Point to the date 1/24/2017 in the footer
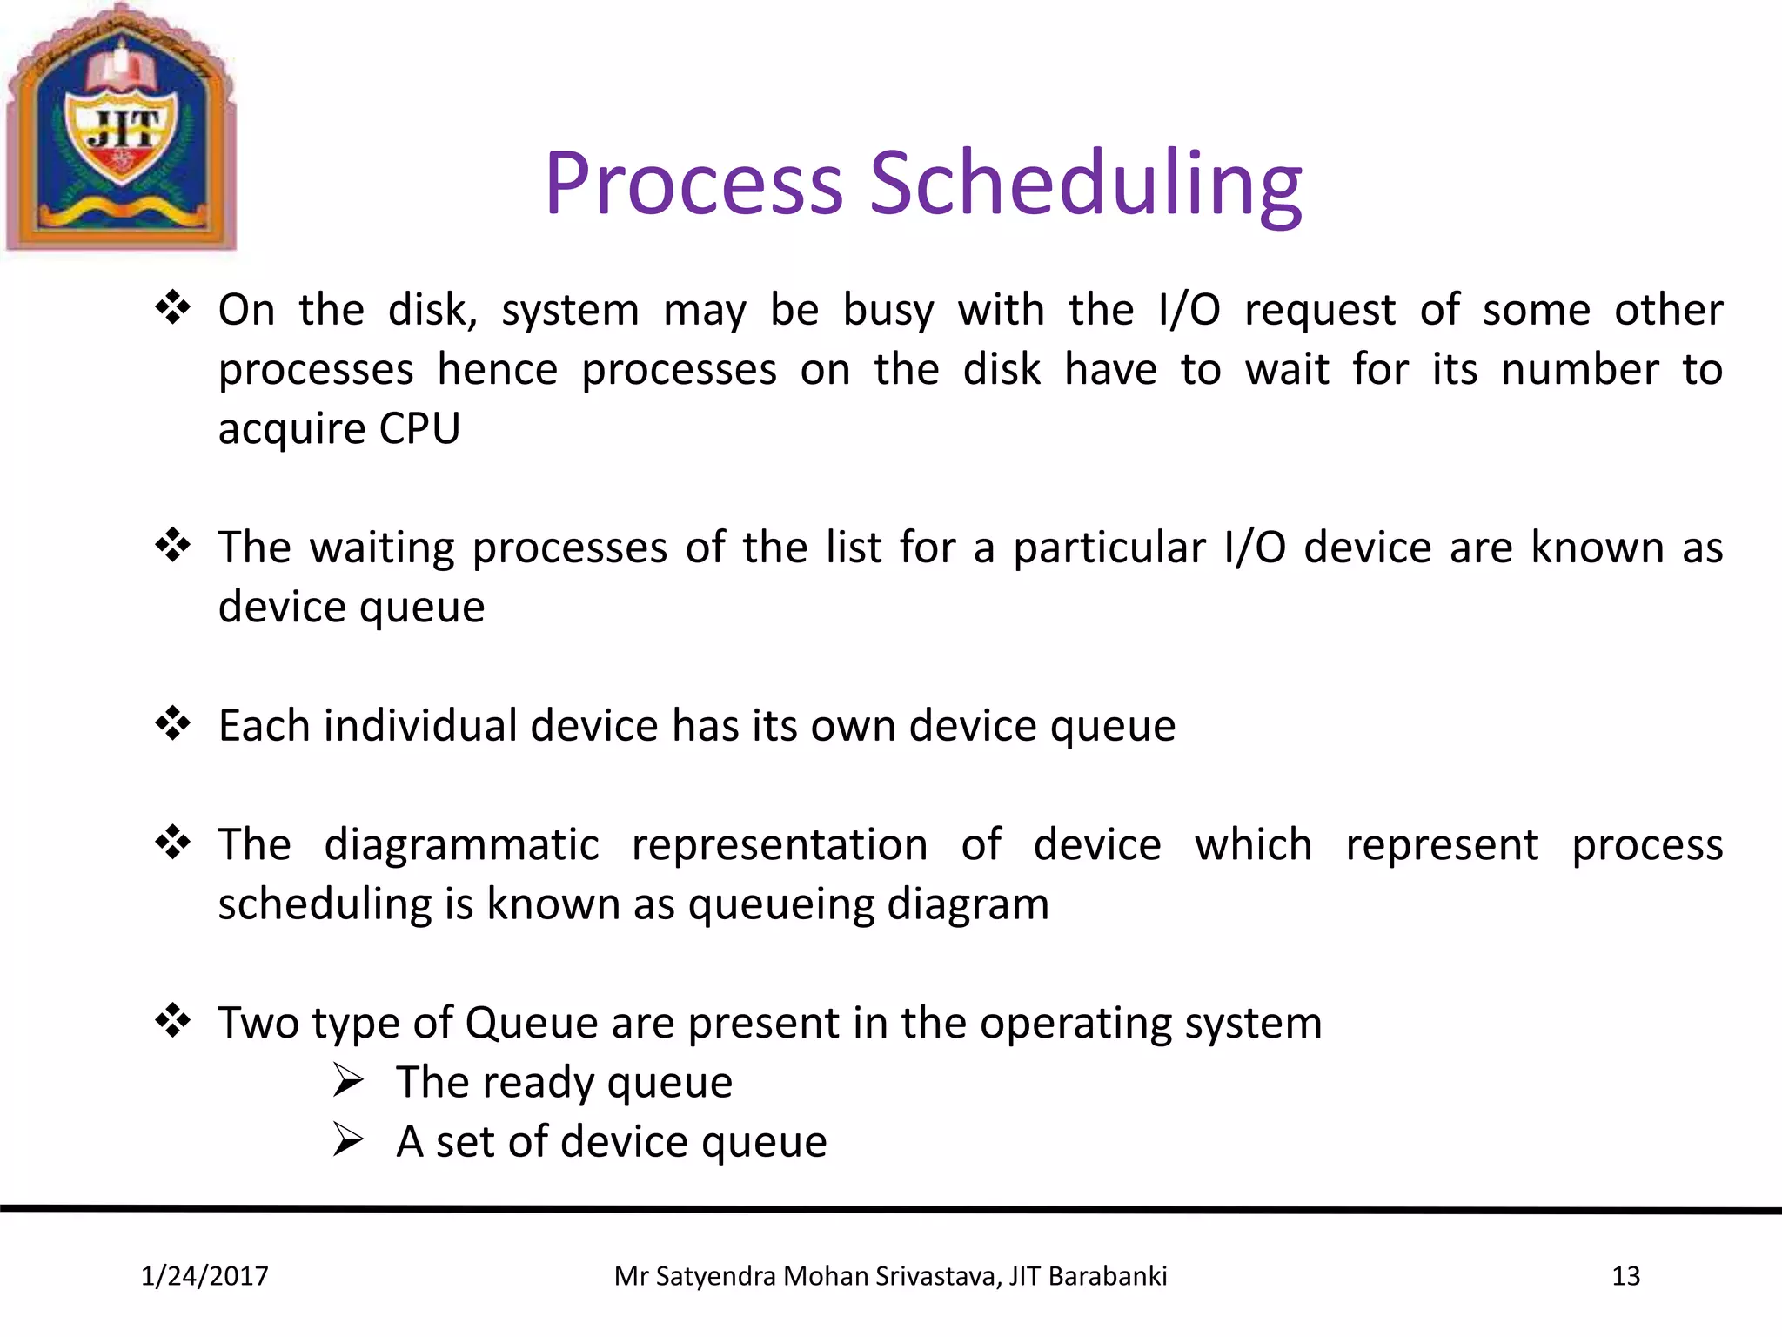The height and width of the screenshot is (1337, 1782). (204, 1276)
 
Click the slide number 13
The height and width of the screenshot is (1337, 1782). (1625, 1276)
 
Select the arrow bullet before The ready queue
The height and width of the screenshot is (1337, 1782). (348, 1081)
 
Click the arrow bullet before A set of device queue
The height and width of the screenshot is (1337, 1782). (348, 1140)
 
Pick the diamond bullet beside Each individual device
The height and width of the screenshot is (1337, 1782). (173, 723)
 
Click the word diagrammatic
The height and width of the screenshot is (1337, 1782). (461, 845)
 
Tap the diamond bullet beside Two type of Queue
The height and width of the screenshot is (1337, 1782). (173, 1021)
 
